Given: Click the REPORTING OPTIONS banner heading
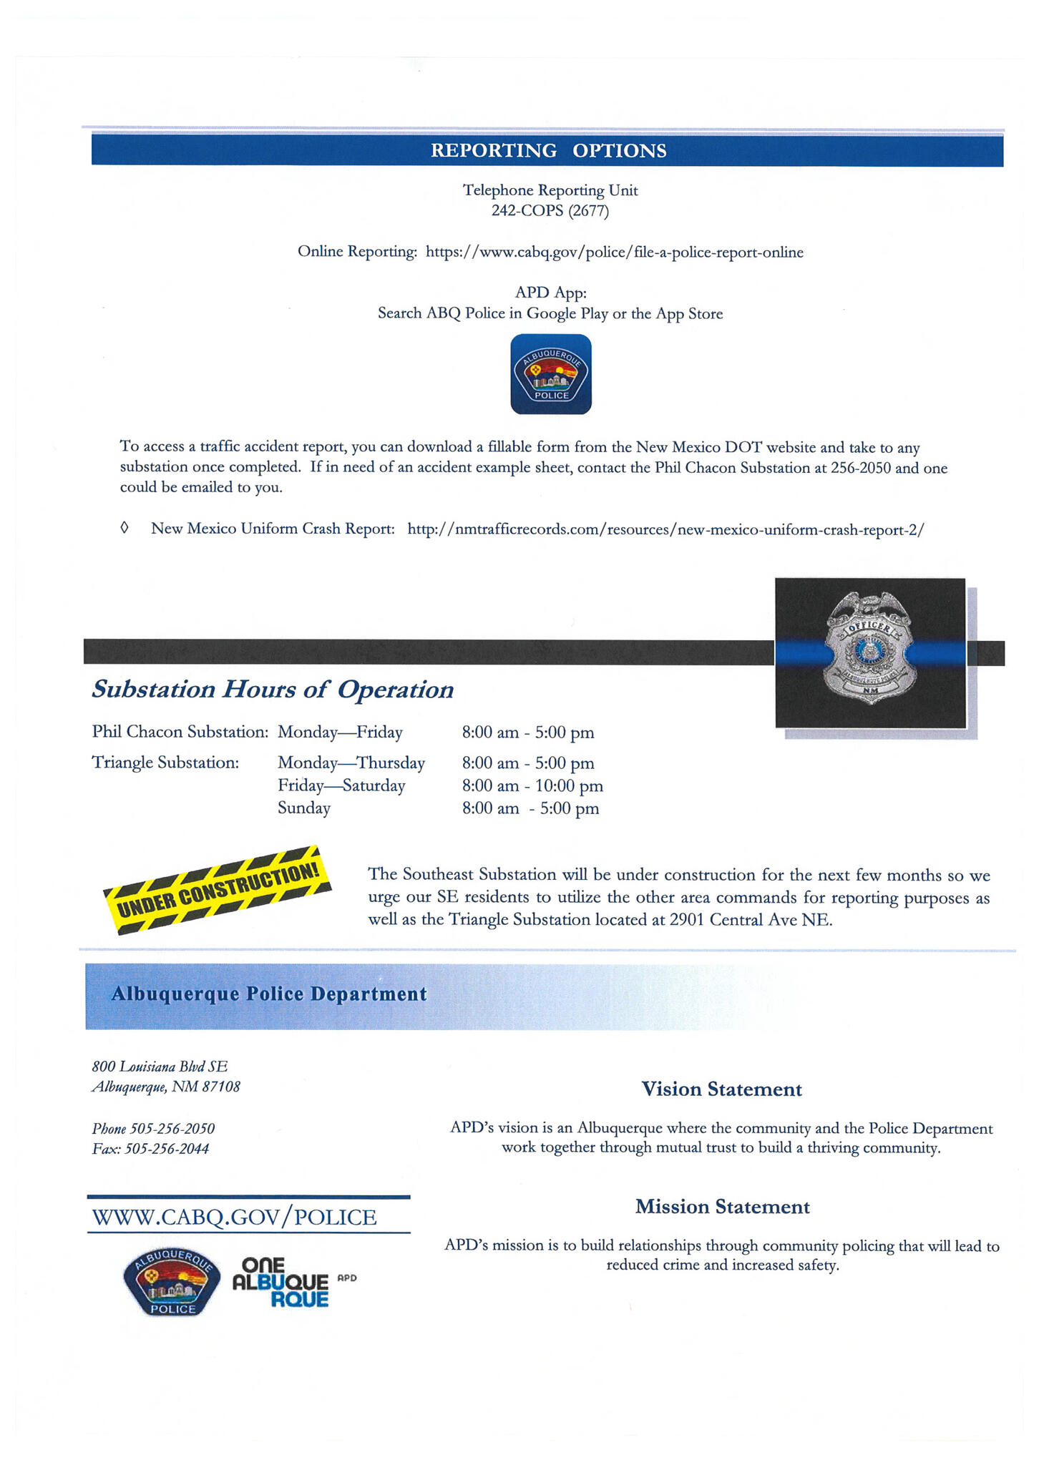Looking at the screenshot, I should pyautogui.click(x=547, y=151).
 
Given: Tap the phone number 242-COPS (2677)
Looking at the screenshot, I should pyautogui.click(x=550, y=210).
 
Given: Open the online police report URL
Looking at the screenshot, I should pyautogui.click(x=614, y=252).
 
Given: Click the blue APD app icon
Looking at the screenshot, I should pyautogui.click(x=550, y=374).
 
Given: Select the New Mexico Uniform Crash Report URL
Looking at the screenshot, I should pyautogui.click(x=665, y=529).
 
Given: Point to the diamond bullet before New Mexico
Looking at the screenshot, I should pyautogui.click(x=125, y=528).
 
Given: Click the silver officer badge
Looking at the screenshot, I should pyautogui.click(x=869, y=647).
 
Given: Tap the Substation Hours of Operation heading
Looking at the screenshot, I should pyautogui.click(x=273, y=689).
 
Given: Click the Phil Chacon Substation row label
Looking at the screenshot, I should pyautogui.click(x=180, y=732).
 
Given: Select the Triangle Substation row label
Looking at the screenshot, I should pyautogui.click(x=165, y=763).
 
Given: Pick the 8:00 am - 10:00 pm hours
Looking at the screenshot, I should pyautogui.click(x=532, y=785).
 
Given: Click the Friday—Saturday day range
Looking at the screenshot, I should pyautogui.click(x=341, y=785).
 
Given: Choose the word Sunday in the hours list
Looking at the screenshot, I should pyautogui.click(x=304, y=808).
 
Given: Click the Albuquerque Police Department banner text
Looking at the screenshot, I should pyautogui.click(x=269, y=994).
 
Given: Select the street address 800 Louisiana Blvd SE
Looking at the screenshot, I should pyautogui.click(x=160, y=1067).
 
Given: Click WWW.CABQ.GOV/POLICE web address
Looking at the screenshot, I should pyautogui.click(x=234, y=1217).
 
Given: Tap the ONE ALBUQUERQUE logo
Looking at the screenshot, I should pyautogui.click(x=280, y=1283).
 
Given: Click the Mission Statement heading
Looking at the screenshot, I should pyautogui.click(x=722, y=1207).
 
